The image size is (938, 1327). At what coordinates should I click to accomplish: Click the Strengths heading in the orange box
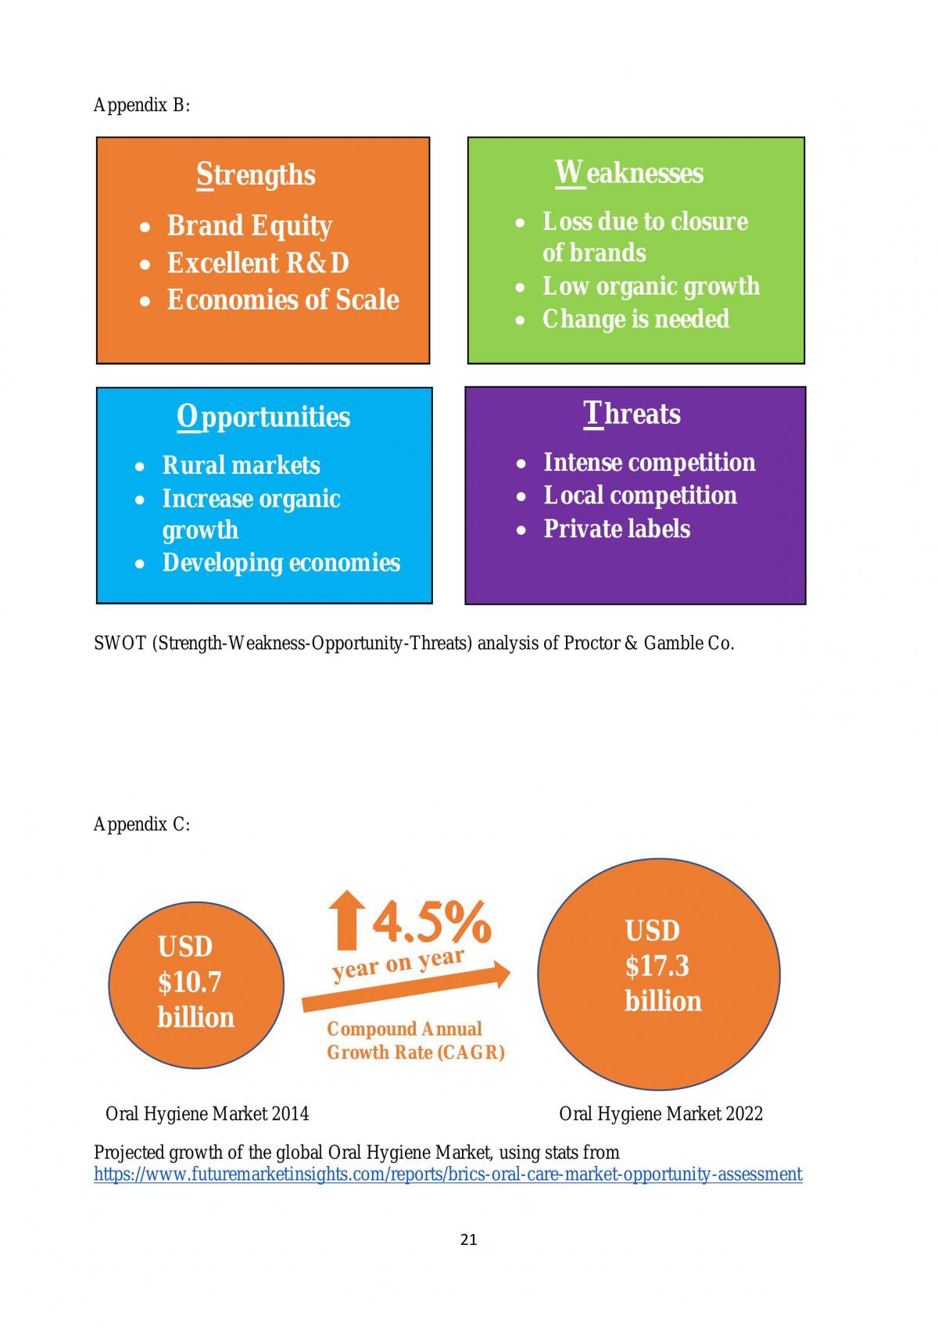point(256,175)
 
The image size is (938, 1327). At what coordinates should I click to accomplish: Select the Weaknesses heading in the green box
point(629,173)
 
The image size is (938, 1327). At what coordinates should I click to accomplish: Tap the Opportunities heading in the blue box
point(263,417)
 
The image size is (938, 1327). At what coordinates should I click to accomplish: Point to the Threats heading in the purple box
point(632,414)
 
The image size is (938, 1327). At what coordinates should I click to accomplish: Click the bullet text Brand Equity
point(249,226)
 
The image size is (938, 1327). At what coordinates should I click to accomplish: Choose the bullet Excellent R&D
point(258,263)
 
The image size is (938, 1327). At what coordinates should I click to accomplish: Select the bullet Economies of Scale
point(283,299)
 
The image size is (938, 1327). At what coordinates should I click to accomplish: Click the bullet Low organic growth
point(651,287)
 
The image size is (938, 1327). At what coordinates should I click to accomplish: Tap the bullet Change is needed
point(636,319)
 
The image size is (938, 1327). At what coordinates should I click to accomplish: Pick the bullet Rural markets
point(241,465)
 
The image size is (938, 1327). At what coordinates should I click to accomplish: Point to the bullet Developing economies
point(281,563)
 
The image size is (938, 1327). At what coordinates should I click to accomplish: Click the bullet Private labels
point(617,529)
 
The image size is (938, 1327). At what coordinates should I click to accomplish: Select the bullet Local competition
point(640,495)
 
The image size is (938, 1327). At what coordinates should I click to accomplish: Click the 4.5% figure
point(431,923)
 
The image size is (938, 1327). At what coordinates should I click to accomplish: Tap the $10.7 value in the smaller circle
point(189,982)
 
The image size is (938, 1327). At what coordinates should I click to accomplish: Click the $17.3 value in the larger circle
point(657,967)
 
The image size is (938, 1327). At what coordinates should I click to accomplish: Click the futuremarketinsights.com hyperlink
point(448,1175)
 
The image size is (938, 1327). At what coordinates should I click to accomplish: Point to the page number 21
point(468,1239)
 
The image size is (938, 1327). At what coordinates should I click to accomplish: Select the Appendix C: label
point(142,825)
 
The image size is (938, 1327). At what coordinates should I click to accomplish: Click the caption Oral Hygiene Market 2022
point(661,1114)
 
